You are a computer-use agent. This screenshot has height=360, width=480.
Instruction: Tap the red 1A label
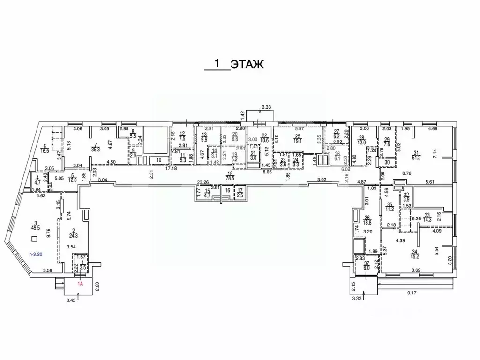coord(81,283)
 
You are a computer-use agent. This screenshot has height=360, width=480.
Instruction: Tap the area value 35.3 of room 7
coord(96,150)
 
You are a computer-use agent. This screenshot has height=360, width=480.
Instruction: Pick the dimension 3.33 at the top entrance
coord(267,107)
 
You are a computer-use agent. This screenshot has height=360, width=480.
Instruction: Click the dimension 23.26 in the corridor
coord(202,182)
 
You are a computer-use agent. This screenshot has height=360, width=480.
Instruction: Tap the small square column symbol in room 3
coord(33,239)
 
